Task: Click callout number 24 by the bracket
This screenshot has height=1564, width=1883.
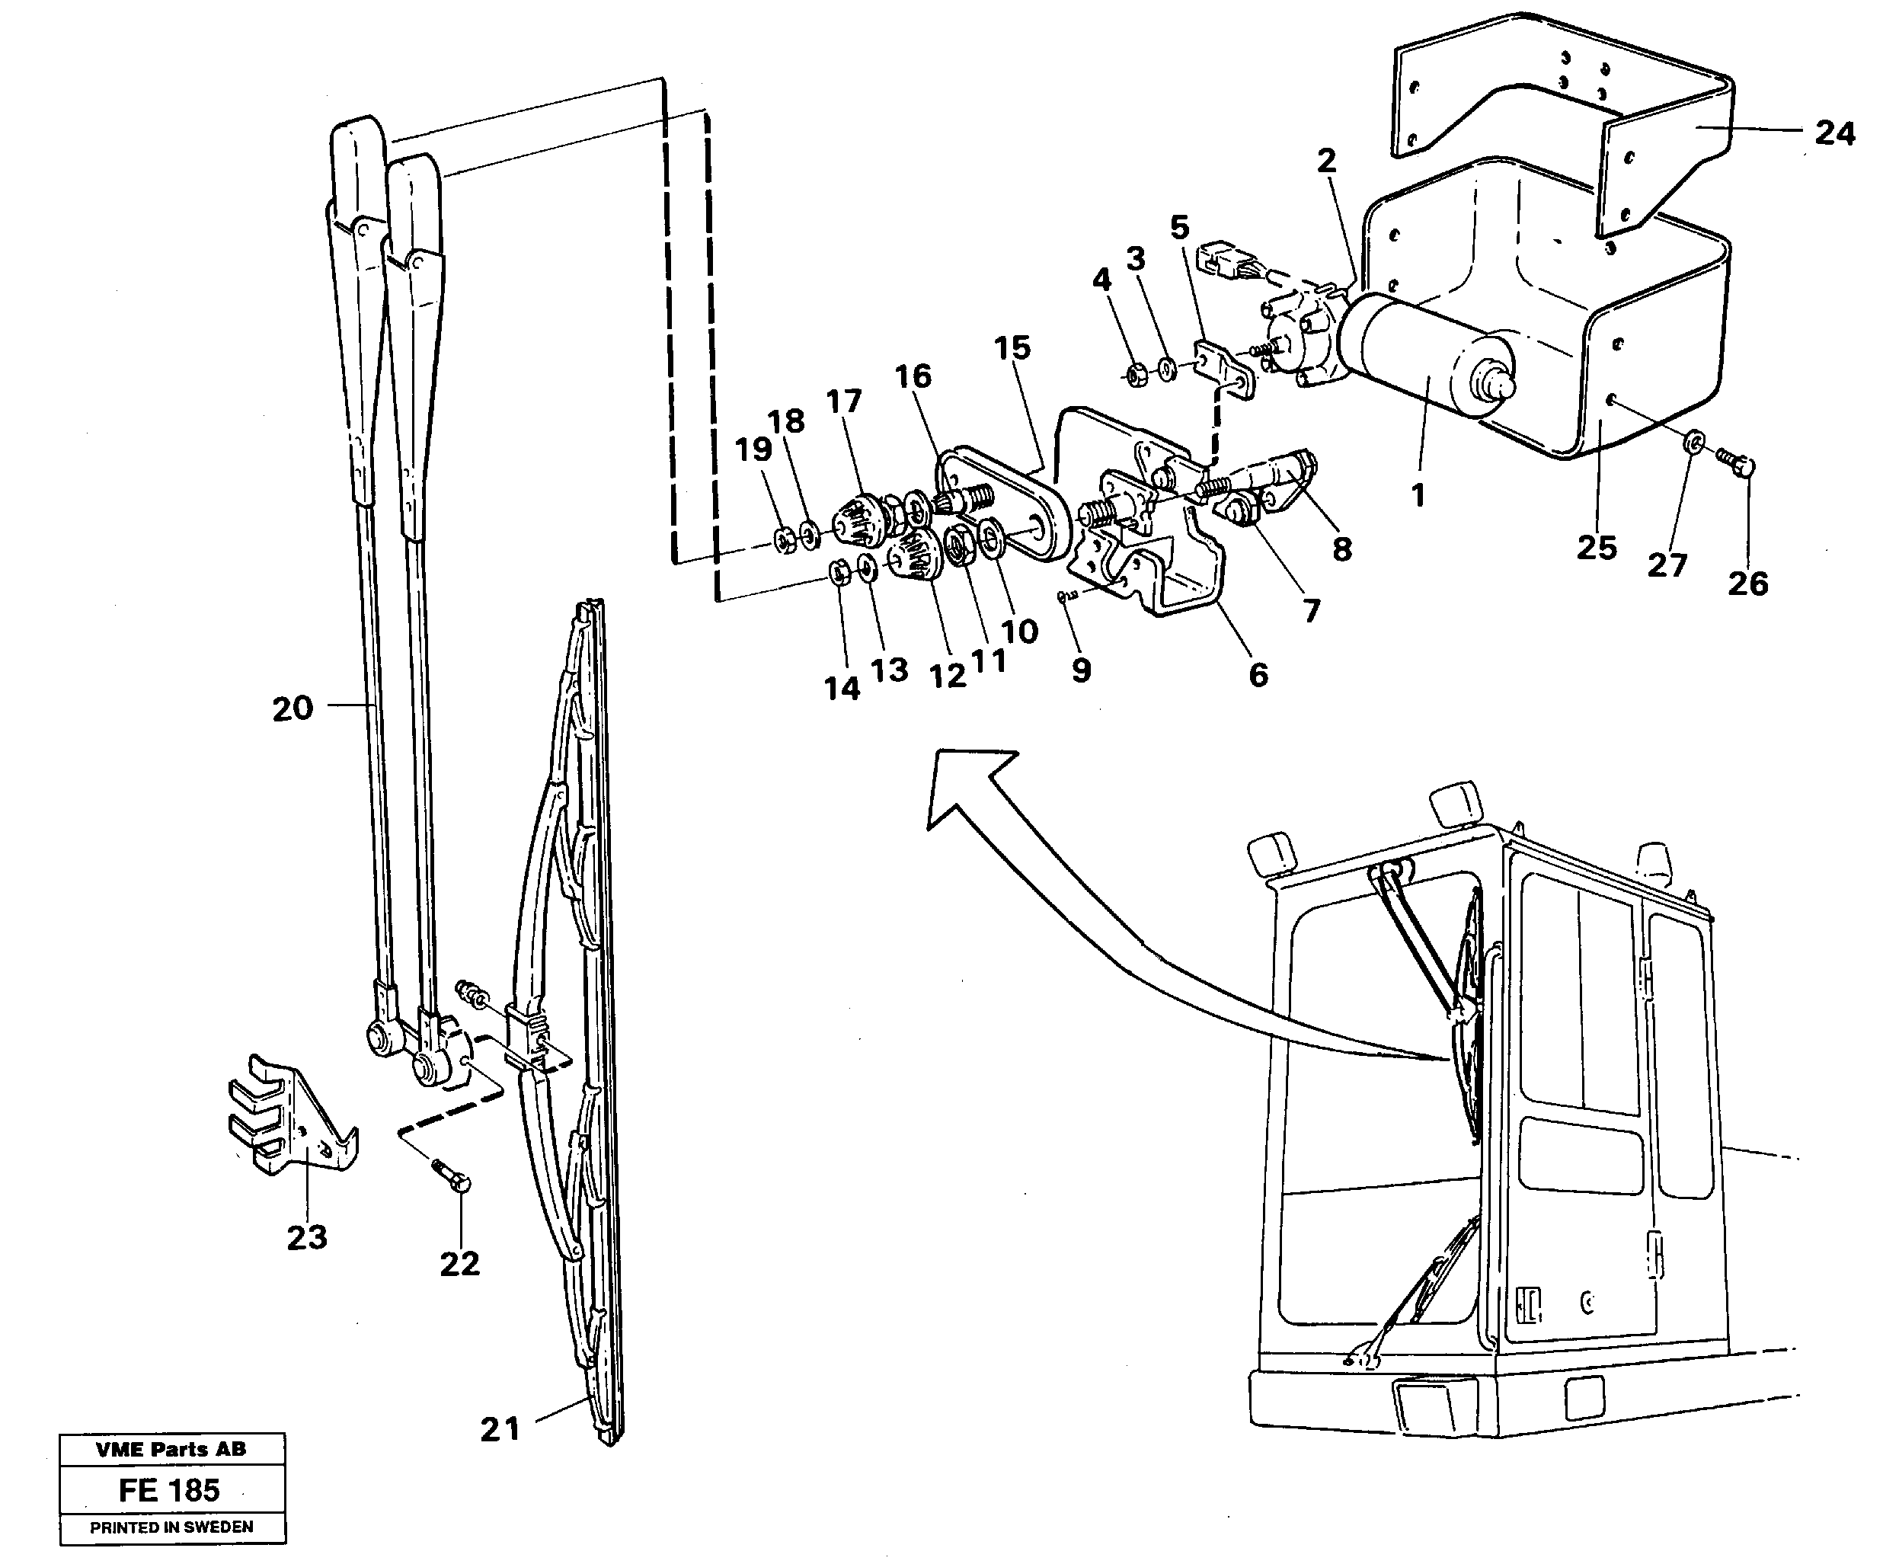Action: pyautogui.click(x=1834, y=133)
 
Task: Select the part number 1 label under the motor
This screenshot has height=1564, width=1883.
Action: pyautogui.click(x=1418, y=494)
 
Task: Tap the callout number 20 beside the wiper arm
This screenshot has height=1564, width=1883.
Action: pyautogui.click(x=293, y=708)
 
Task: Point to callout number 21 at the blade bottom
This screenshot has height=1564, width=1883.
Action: pyautogui.click(x=500, y=1428)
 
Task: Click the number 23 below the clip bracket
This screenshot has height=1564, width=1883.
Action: pyautogui.click(x=307, y=1238)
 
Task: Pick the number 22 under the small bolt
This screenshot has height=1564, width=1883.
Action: pyautogui.click(x=459, y=1264)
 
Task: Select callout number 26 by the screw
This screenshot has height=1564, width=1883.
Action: pyautogui.click(x=1747, y=584)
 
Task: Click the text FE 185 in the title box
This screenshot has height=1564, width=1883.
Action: pyautogui.click(x=169, y=1489)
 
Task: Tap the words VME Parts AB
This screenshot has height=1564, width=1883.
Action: pyautogui.click(x=171, y=1448)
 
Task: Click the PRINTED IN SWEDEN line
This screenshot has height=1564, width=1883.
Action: pyautogui.click(x=171, y=1527)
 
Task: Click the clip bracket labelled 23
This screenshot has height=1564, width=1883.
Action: pyautogui.click(x=287, y=1117)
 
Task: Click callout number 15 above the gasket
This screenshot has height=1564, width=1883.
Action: pyautogui.click(x=1012, y=348)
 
